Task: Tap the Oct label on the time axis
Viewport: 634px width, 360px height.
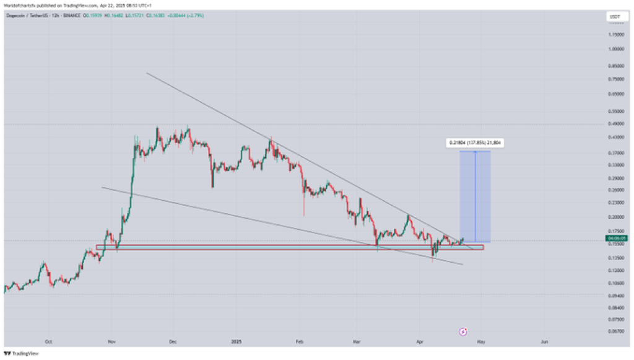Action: coord(48,341)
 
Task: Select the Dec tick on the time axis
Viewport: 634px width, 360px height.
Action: coord(173,341)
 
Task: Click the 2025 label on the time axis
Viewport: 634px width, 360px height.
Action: coord(236,341)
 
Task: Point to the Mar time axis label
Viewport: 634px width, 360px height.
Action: coord(357,341)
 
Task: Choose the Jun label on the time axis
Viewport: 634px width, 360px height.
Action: coord(544,341)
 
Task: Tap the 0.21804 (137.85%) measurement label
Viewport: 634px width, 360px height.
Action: coord(475,143)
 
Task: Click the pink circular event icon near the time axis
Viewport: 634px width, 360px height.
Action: coord(462,331)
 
